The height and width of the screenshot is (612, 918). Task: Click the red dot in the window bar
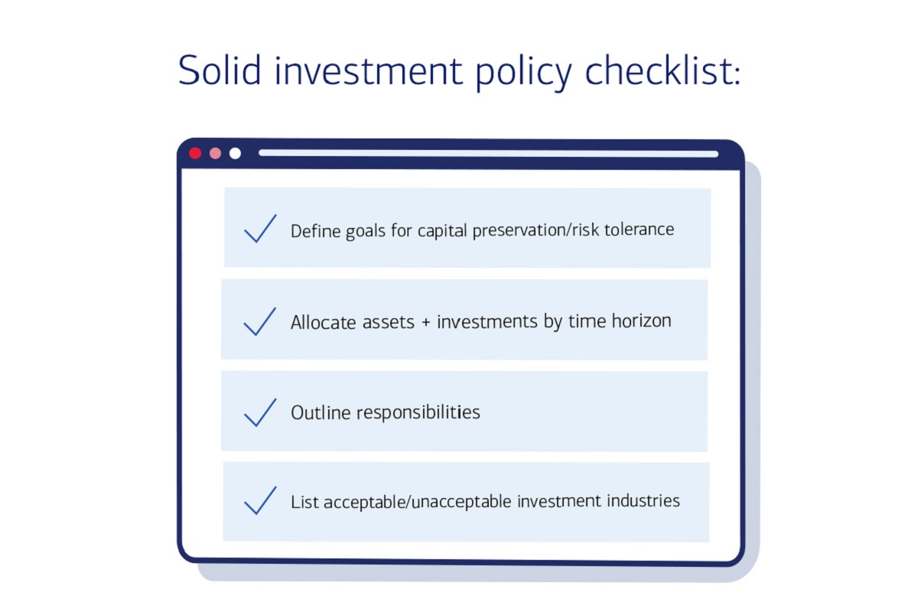195,153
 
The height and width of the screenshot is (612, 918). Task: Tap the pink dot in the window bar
215,153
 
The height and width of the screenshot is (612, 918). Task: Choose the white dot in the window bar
235,153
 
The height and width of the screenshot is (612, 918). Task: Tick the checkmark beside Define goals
260,229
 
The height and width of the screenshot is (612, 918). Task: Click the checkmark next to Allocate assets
260,321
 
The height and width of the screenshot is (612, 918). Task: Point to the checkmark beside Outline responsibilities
260,412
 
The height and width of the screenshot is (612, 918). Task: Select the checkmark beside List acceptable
260,502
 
